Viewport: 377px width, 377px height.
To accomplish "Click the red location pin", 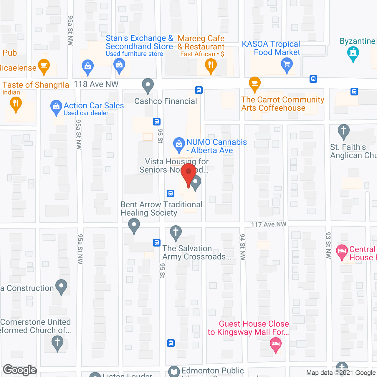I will point(188,172).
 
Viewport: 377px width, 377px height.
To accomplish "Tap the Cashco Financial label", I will point(166,101).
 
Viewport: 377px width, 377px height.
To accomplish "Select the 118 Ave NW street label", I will point(96,84).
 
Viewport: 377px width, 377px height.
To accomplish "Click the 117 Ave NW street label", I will point(268,224).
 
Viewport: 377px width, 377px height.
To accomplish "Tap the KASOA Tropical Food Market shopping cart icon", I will point(287,64).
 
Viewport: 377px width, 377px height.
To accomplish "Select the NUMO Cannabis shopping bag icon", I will point(179,144).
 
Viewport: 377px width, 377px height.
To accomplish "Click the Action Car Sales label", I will point(94,105).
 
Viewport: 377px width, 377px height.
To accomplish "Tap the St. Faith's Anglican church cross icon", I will point(343,130).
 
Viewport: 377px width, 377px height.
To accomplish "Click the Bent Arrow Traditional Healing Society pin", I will point(134,225).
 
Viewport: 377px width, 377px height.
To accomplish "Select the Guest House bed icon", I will point(276,344).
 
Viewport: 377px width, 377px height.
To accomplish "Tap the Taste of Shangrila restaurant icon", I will point(16,103).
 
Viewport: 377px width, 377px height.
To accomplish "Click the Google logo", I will point(20,370).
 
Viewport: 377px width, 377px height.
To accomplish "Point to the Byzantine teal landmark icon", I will point(353,54).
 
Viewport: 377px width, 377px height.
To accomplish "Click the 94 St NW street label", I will point(242,247).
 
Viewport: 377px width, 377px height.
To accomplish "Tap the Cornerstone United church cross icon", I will point(57,343).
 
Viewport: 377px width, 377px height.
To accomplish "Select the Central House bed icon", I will point(342,251).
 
